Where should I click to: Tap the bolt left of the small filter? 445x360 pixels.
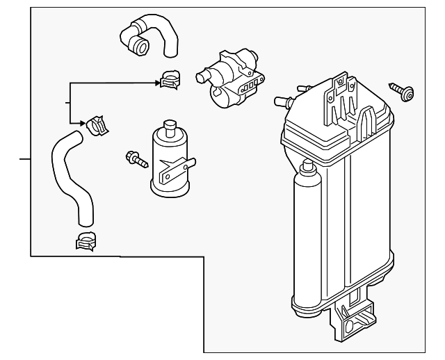click(x=135, y=158)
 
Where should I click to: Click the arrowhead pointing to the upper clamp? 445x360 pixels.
click(x=158, y=83)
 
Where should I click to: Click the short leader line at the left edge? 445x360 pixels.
click(x=24, y=159)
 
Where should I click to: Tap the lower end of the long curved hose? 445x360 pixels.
click(x=85, y=221)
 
